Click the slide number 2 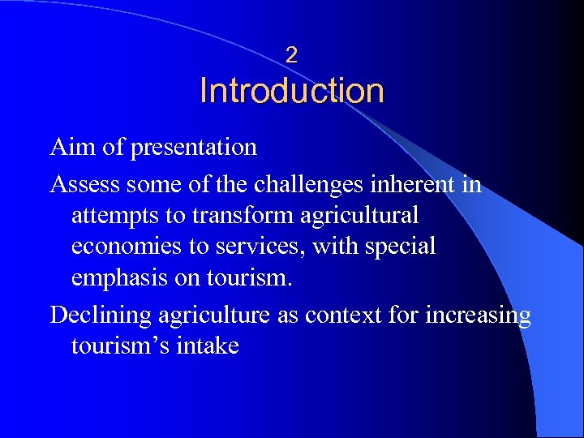pyautogui.click(x=292, y=55)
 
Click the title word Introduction pyautogui.click(x=292, y=90)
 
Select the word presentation pyautogui.click(x=193, y=148)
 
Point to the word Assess pyautogui.click(x=84, y=184)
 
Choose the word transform pyautogui.click(x=226, y=216)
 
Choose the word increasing pyautogui.click(x=479, y=315)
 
